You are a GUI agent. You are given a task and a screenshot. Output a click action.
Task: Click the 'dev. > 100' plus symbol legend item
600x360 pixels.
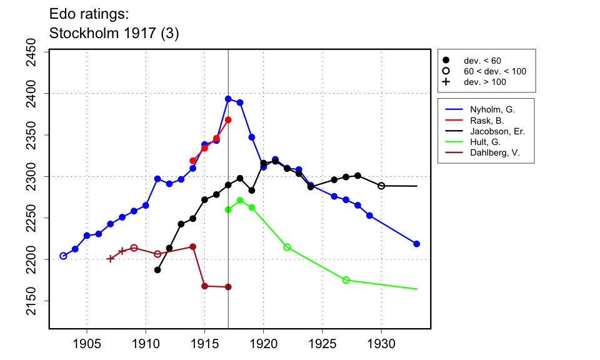tap(446, 82)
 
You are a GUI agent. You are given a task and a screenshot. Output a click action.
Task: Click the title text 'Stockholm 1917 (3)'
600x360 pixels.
tap(114, 34)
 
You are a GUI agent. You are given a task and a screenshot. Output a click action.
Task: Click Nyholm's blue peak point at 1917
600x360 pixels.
tap(228, 99)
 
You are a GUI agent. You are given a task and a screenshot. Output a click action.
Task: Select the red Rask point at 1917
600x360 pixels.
tap(228, 119)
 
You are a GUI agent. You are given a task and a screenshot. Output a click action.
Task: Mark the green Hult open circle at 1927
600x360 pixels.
tap(346, 280)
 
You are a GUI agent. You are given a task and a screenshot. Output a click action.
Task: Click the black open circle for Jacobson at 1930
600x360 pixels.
tap(381, 186)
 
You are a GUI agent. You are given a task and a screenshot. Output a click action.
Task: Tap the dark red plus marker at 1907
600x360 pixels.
tap(111, 259)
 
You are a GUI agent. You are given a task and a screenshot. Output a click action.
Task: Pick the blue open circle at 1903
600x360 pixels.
tap(63, 256)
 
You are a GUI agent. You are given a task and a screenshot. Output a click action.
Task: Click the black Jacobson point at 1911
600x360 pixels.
tap(157, 270)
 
